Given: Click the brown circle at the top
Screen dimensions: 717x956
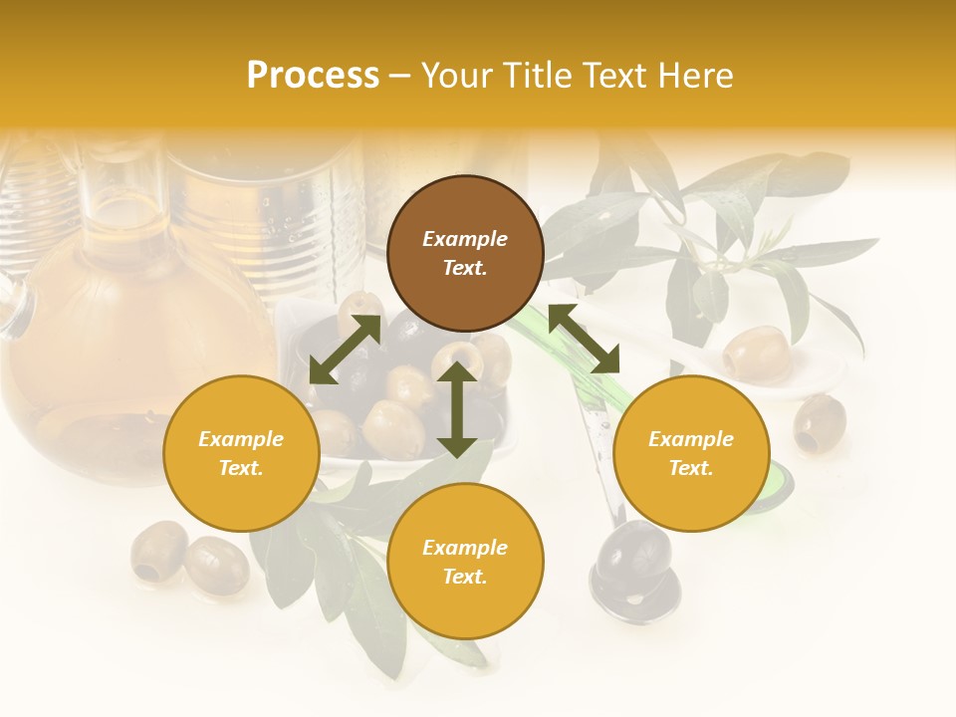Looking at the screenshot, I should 465,253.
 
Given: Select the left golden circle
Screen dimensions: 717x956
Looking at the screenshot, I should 241,453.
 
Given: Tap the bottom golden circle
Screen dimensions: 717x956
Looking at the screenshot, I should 465,562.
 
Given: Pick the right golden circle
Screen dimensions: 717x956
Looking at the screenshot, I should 691,453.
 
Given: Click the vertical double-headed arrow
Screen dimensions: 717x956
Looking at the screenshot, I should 457,409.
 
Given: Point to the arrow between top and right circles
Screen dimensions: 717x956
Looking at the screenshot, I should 584,339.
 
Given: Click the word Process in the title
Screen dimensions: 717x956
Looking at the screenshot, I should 313,75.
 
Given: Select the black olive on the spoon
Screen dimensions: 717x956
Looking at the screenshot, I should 633,551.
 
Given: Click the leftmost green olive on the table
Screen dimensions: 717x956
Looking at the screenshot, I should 159,550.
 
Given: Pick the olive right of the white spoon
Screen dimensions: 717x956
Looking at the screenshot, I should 820,422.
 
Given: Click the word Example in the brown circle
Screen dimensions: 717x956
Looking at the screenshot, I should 465,239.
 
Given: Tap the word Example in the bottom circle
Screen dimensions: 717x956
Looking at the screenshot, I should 465,548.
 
